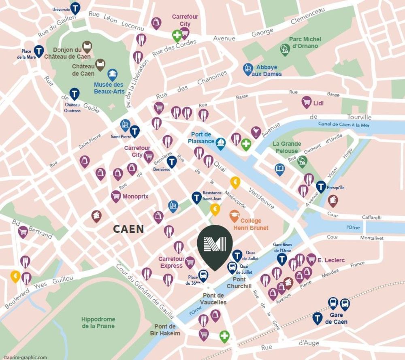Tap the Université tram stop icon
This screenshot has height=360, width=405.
[x=75, y=7]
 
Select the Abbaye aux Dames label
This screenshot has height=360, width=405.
[x=266, y=71]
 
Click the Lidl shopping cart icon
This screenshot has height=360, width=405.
[x=307, y=102]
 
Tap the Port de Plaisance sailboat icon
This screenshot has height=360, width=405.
[x=221, y=143]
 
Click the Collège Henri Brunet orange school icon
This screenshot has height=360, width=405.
[x=234, y=215]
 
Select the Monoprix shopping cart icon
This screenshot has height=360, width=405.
[x=116, y=196]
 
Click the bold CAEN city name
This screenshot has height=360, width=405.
[x=128, y=229]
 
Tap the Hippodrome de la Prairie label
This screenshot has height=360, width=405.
[x=98, y=323]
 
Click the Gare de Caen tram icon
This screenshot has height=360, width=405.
[x=318, y=318]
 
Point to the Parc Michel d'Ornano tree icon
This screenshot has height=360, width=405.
[x=285, y=49]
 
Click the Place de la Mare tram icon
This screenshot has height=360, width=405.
[x=39, y=51]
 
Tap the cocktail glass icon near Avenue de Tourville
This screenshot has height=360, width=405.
[x=256, y=131]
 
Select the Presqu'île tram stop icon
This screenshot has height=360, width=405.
[x=321, y=186]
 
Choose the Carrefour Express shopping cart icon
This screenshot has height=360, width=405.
[x=190, y=262]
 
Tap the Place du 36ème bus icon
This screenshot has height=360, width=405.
[x=203, y=276]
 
